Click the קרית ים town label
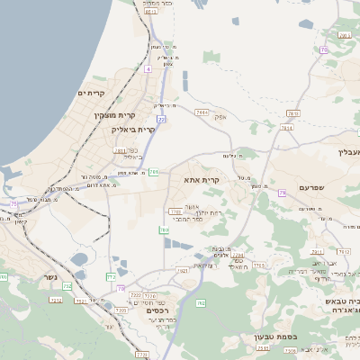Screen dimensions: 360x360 point(92,93)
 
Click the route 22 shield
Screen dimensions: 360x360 point(161,118)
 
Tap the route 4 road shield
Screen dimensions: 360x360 point(146,68)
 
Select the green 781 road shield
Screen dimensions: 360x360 point(154,171)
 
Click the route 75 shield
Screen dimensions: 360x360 point(13,205)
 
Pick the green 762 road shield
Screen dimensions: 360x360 point(201,303)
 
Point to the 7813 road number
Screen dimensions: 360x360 point(292,112)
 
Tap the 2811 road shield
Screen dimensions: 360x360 point(120,150)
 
